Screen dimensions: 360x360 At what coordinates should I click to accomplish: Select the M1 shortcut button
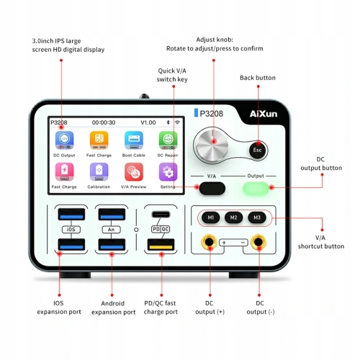coord(210,217)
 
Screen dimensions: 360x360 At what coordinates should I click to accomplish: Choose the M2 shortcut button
coord(233,217)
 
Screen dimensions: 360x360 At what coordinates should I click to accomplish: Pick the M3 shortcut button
coord(255,217)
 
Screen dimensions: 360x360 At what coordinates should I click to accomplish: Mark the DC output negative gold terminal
coord(258,243)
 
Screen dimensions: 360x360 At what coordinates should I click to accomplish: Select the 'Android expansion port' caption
coord(114,307)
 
